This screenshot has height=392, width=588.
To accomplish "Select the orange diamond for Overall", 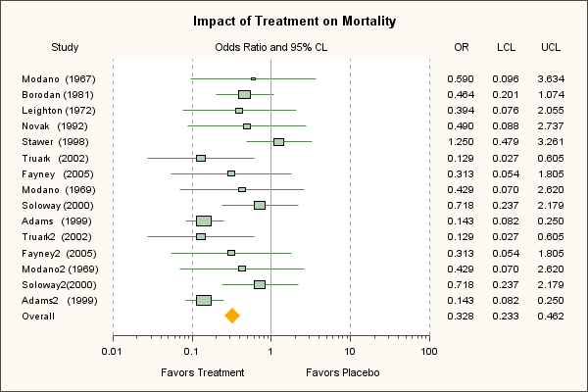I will [232, 316].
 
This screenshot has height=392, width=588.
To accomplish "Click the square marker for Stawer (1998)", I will [278, 142].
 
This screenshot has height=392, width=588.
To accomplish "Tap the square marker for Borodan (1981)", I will [244, 94].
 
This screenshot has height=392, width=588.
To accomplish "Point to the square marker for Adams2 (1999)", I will [204, 300].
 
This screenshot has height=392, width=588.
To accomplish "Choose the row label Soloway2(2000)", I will [59, 284].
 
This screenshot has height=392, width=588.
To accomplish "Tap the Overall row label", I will [38, 317].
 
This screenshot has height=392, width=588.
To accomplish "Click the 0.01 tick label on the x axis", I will [114, 351].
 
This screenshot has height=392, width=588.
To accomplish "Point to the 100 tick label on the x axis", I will [427, 351].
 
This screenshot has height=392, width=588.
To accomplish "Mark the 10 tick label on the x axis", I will [349, 351].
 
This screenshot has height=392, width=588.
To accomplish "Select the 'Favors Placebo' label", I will [342, 373].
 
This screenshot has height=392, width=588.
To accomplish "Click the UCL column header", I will [551, 47].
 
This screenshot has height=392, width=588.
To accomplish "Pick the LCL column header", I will [507, 47].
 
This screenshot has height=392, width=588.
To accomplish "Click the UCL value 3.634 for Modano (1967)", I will [550, 78].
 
